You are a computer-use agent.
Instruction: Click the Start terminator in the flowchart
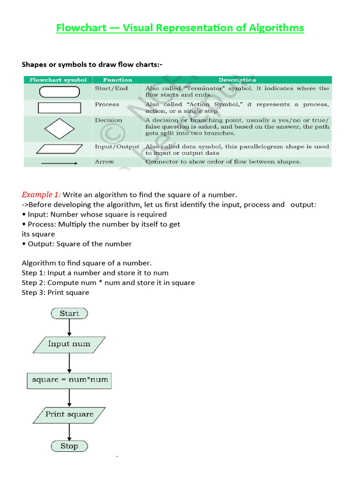click(69, 314)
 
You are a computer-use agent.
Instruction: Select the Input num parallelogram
click(69, 344)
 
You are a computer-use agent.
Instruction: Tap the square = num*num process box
click(69, 380)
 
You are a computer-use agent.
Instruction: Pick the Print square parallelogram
click(69, 414)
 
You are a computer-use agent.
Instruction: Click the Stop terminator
click(69, 446)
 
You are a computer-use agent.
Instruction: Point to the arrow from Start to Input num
click(69, 327)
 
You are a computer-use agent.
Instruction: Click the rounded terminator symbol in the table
click(58, 91)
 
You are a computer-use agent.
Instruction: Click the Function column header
click(118, 80)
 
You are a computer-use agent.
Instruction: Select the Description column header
click(237, 80)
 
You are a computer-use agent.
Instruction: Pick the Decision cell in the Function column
click(108, 120)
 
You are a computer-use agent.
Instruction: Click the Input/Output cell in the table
click(117, 147)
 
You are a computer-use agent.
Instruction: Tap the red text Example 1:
click(41, 195)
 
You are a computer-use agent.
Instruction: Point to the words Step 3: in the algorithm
click(34, 292)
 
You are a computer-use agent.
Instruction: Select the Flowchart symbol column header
click(58, 80)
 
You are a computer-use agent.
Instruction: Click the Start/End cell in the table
click(111, 89)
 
